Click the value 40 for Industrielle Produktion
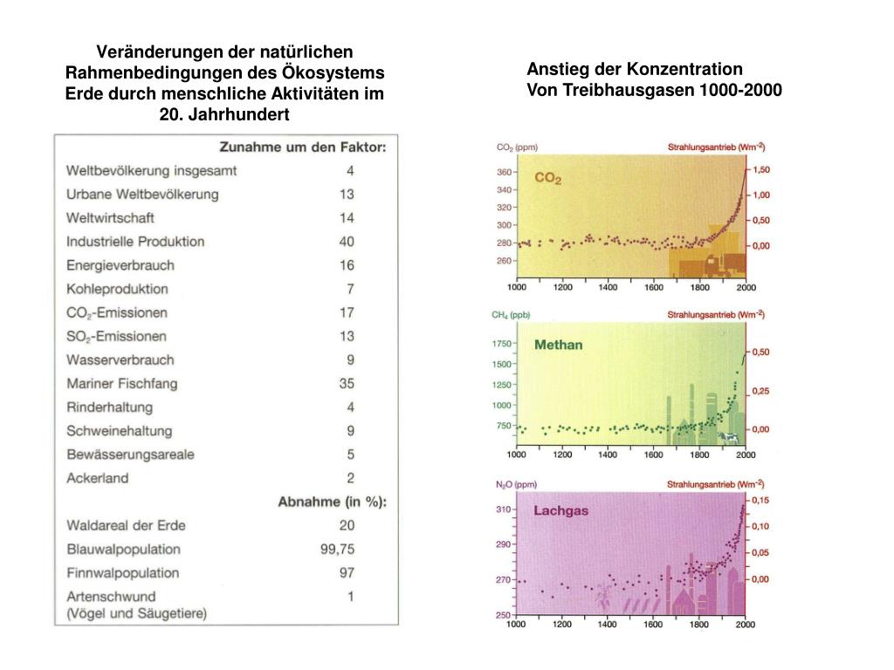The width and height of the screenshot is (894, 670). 347,242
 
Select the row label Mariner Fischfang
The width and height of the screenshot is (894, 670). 120,383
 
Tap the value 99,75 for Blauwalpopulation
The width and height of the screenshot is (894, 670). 337,549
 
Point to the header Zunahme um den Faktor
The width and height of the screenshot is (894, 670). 302,147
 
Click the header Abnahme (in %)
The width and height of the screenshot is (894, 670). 332,502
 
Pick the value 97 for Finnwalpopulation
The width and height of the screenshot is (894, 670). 346,572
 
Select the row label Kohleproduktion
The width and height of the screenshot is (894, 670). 117,289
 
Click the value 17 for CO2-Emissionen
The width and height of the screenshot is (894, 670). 347,312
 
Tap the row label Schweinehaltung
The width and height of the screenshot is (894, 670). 119,430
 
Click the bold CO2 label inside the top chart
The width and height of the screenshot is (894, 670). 548,178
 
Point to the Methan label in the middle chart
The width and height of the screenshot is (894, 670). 558,345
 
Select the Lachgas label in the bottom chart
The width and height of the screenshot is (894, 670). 560,511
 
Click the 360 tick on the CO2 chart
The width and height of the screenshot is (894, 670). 504,172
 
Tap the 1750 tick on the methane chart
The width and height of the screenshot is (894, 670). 501,344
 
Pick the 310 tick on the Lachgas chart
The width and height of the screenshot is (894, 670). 504,509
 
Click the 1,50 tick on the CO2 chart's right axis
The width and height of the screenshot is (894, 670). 761,169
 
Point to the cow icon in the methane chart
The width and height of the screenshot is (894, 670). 727,437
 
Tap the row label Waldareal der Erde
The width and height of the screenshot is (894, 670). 126,525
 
